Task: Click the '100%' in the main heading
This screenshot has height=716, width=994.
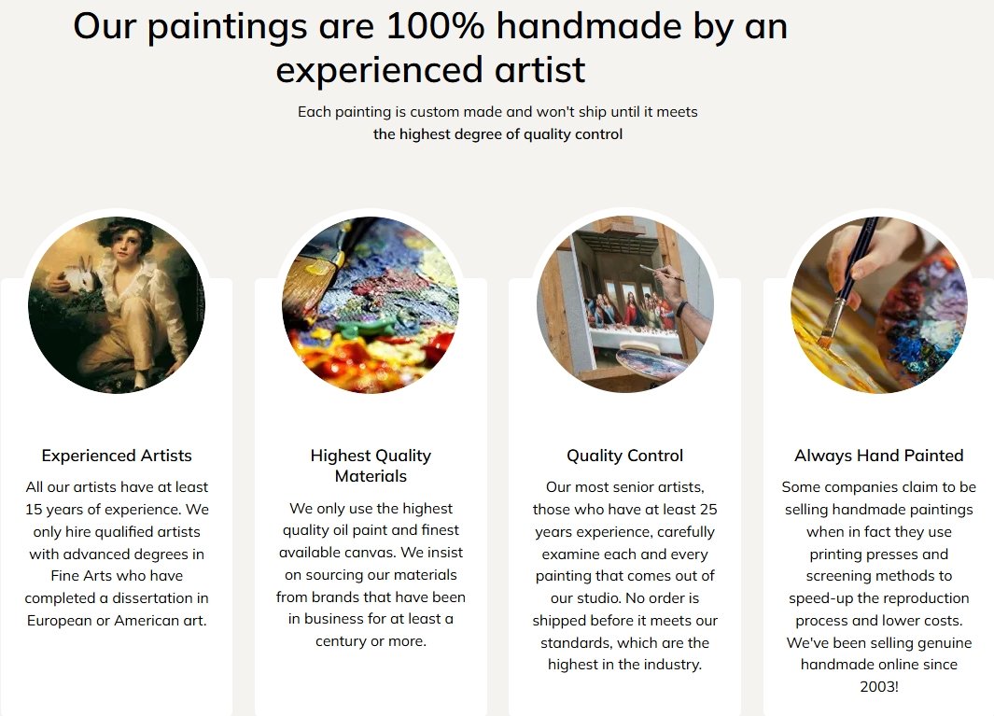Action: [x=435, y=26]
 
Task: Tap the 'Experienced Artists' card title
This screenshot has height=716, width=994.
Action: [x=117, y=456]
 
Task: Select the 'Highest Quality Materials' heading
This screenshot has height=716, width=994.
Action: [x=371, y=466]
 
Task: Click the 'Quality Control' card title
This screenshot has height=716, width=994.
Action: [x=625, y=456]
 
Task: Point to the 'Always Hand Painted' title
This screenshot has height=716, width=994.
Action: [x=878, y=456]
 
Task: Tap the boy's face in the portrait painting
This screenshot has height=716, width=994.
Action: [x=126, y=244]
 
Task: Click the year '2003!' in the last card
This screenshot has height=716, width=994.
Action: [x=878, y=686]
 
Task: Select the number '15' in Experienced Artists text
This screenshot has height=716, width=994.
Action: [x=33, y=510]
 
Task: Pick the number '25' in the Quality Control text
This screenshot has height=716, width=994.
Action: [x=708, y=510]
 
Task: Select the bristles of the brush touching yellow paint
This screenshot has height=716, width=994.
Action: [x=825, y=335]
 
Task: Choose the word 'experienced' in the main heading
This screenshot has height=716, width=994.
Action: [x=382, y=70]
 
